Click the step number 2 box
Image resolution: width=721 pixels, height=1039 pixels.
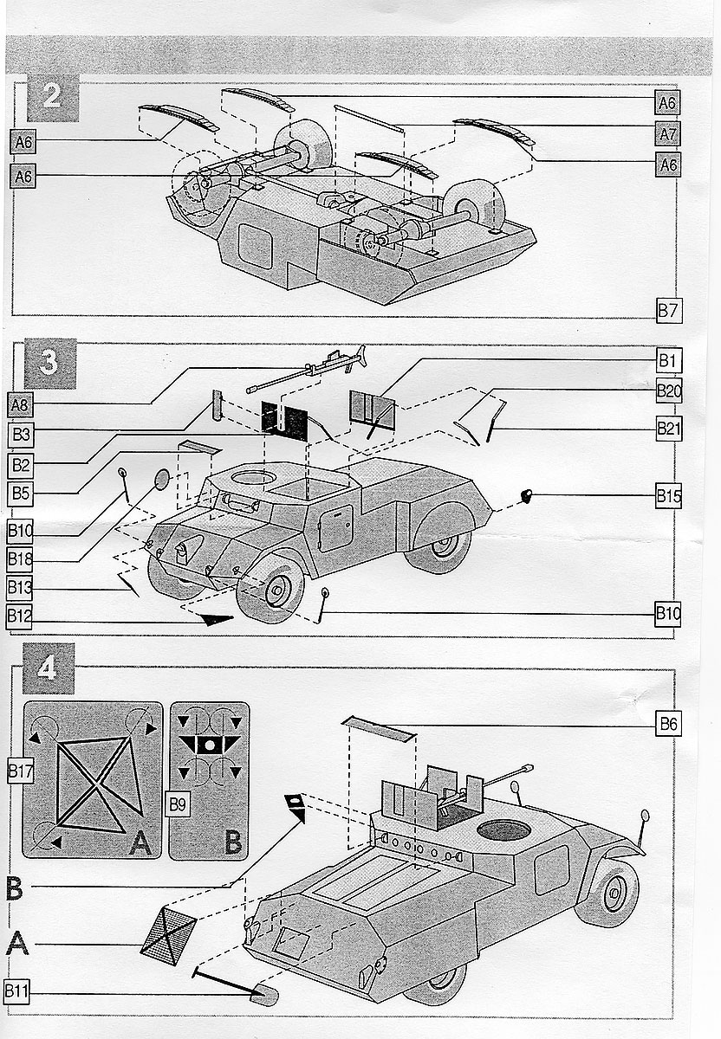52,96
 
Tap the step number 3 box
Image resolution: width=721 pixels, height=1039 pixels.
51,363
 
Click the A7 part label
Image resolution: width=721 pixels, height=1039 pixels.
667,133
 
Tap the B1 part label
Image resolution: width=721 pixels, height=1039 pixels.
668,359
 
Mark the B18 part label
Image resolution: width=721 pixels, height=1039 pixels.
20,557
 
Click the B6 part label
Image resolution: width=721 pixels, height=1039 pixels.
667,725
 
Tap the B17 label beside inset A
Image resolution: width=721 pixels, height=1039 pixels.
20,768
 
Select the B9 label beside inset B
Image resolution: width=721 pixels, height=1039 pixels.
179,803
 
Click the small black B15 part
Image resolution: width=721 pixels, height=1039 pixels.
525,495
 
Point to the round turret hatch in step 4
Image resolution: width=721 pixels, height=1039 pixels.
503,831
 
